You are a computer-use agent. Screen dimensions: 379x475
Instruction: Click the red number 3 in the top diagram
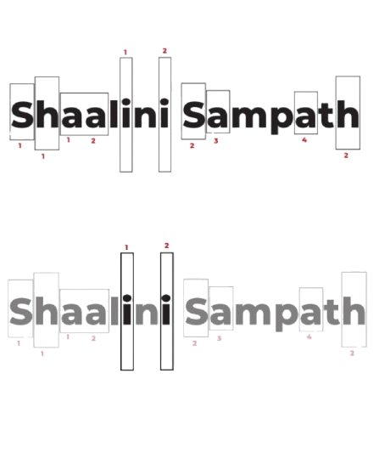[216, 141]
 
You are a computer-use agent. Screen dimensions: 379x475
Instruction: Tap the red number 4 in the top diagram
[304, 139]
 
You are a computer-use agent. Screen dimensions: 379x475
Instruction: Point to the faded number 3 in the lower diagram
[219, 338]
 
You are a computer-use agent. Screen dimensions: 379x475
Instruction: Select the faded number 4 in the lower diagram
[309, 336]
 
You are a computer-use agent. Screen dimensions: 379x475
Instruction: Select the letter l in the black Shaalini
[114, 113]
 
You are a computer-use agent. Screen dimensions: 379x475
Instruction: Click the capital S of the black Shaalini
[22, 115]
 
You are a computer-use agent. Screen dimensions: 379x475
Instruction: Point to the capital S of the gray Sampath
[196, 311]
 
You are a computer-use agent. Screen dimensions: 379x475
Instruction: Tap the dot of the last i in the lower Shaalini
[166, 298]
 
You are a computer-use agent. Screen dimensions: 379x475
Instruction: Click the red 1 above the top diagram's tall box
[125, 53]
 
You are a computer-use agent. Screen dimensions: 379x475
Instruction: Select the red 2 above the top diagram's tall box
[164, 51]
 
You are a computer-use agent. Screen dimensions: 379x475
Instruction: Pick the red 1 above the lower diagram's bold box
[126, 247]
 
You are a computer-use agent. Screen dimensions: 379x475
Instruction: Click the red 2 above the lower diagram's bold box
[166, 246]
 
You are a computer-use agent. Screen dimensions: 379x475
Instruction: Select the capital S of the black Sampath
[193, 115]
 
